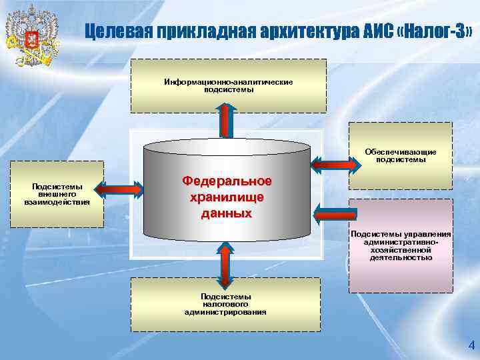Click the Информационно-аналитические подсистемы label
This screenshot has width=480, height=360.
229,85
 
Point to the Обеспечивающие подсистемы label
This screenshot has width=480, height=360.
400,155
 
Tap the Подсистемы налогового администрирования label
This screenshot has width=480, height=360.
225,304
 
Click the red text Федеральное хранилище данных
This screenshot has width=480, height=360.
227,197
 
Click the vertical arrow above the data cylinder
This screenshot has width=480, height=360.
227,121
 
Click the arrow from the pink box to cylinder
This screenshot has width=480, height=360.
334,213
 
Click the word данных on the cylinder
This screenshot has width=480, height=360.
227,213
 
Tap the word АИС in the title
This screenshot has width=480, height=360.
369,31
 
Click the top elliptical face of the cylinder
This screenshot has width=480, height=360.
227,148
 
